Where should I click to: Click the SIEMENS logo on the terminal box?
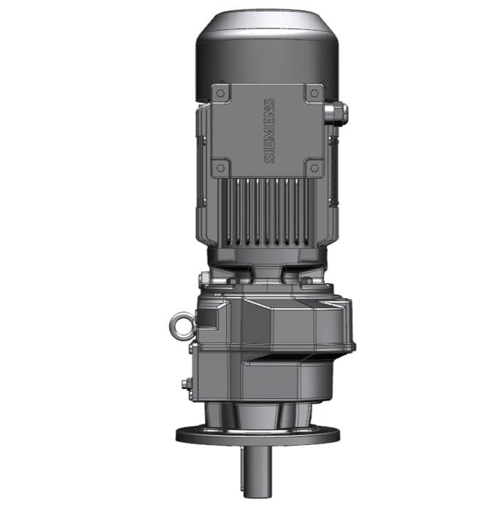pyautogui.click(x=270, y=131)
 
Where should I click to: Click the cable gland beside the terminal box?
pyautogui.click(x=338, y=111)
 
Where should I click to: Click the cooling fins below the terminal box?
pyautogui.click(x=266, y=209)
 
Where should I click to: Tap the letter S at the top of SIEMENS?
pyautogui.click(x=270, y=104)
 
